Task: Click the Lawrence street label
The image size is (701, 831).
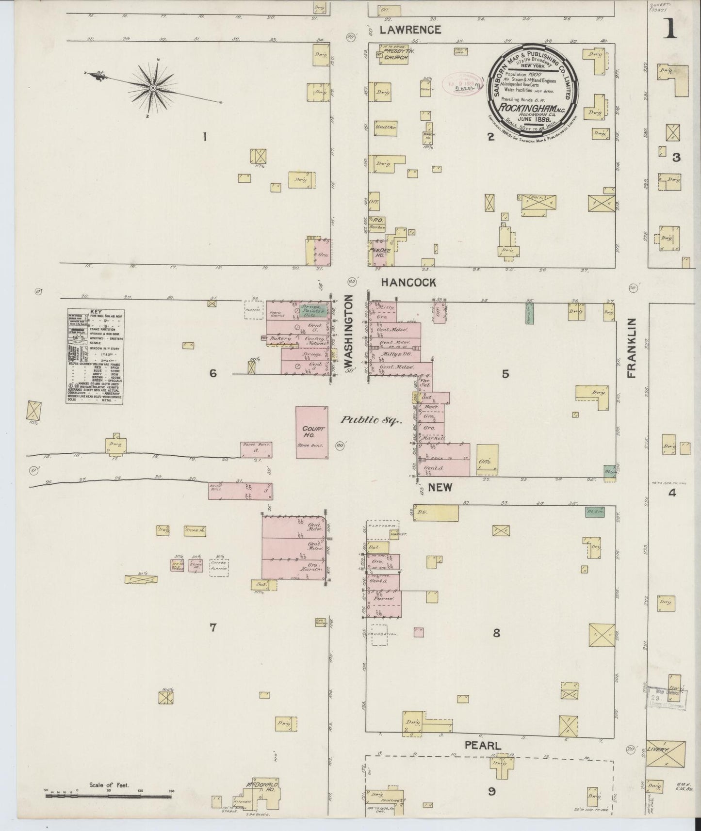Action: click(x=410, y=30)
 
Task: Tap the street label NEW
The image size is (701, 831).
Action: click(x=440, y=487)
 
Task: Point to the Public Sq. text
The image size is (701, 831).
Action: click(x=371, y=421)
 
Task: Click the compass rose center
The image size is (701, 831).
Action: click(x=153, y=88)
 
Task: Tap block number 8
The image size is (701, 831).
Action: click(x=496, y=633)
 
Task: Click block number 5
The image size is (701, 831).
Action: click(x=505, y=374)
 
